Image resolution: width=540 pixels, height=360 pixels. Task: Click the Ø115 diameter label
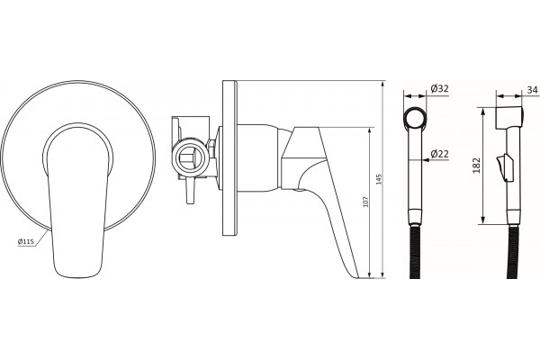[x=26, y=241]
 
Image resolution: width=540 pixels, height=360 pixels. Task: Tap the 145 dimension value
[x=379, y=179]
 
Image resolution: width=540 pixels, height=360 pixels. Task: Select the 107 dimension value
[x=365, y=202]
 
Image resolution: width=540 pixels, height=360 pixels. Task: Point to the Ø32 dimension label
[x=440, y=88]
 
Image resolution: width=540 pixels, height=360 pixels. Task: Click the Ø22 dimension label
[x=440, y=154]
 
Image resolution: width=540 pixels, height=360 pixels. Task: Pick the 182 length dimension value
[x=477, y=166]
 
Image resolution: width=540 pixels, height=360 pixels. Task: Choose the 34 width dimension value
[x=532, y=90]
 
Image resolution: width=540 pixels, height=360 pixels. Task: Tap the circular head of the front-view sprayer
[x=415, y=119]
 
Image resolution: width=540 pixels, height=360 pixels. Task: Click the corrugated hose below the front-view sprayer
[x=416, y=252]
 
